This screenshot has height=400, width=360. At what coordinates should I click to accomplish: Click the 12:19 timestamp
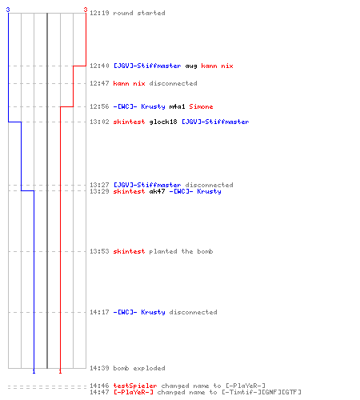(x=99, y=13)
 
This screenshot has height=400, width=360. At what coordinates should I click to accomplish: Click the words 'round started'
(x=139, y=13)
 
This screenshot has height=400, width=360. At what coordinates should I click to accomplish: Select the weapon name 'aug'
(x=191, y=66)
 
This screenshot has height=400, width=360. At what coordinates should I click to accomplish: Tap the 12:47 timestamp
(x=99, y=83)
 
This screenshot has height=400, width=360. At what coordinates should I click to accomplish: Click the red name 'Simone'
(x=201, y=106)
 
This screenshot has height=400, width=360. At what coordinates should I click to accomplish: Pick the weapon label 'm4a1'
(x=177, y=106)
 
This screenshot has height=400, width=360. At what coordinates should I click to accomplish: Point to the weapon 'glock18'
(x=163, y=122)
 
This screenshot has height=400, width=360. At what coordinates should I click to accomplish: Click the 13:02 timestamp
(x=99, y=122)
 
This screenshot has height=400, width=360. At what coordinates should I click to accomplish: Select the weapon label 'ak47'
(x=157, y=191)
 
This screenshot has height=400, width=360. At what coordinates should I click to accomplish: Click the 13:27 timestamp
(x=99, y=185)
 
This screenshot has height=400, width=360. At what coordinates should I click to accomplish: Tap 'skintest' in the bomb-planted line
(x=129, y=251)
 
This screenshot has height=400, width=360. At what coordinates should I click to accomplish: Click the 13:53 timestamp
(x=99, y=251)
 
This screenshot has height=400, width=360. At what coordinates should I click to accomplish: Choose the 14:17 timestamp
(x=99, y=312)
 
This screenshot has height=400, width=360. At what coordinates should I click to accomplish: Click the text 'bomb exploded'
(x=139, y=368)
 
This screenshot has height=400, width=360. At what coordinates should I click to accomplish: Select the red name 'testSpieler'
(x=135, y=386)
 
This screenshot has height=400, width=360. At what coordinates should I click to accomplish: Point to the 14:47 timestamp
(x=99, y=392)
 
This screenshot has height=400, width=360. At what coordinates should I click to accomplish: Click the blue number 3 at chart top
(x=8, y=10)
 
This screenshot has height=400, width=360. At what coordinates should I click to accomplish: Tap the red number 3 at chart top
(x=86, y=10)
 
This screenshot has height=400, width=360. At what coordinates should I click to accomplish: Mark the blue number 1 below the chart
(x=34, y=371)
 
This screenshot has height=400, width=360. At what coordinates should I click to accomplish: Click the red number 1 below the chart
(x=60, y=371)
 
